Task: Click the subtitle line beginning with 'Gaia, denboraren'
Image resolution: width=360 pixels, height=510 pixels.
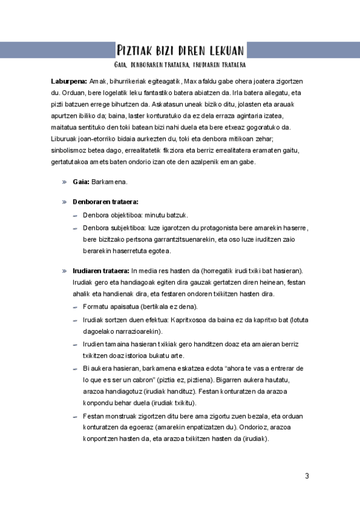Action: click(x=180, y=64)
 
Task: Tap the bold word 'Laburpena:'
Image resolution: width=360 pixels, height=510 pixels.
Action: click(x=69, y=81)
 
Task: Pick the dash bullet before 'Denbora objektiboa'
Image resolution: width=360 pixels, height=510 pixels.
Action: click(x=75, y=215)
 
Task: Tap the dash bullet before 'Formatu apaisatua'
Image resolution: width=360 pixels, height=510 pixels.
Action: click(x=75, y=307)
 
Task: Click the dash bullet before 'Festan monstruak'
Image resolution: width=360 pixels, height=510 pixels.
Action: click(x=75, y=416)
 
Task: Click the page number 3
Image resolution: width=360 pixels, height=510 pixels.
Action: click(x=307, y=476)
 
